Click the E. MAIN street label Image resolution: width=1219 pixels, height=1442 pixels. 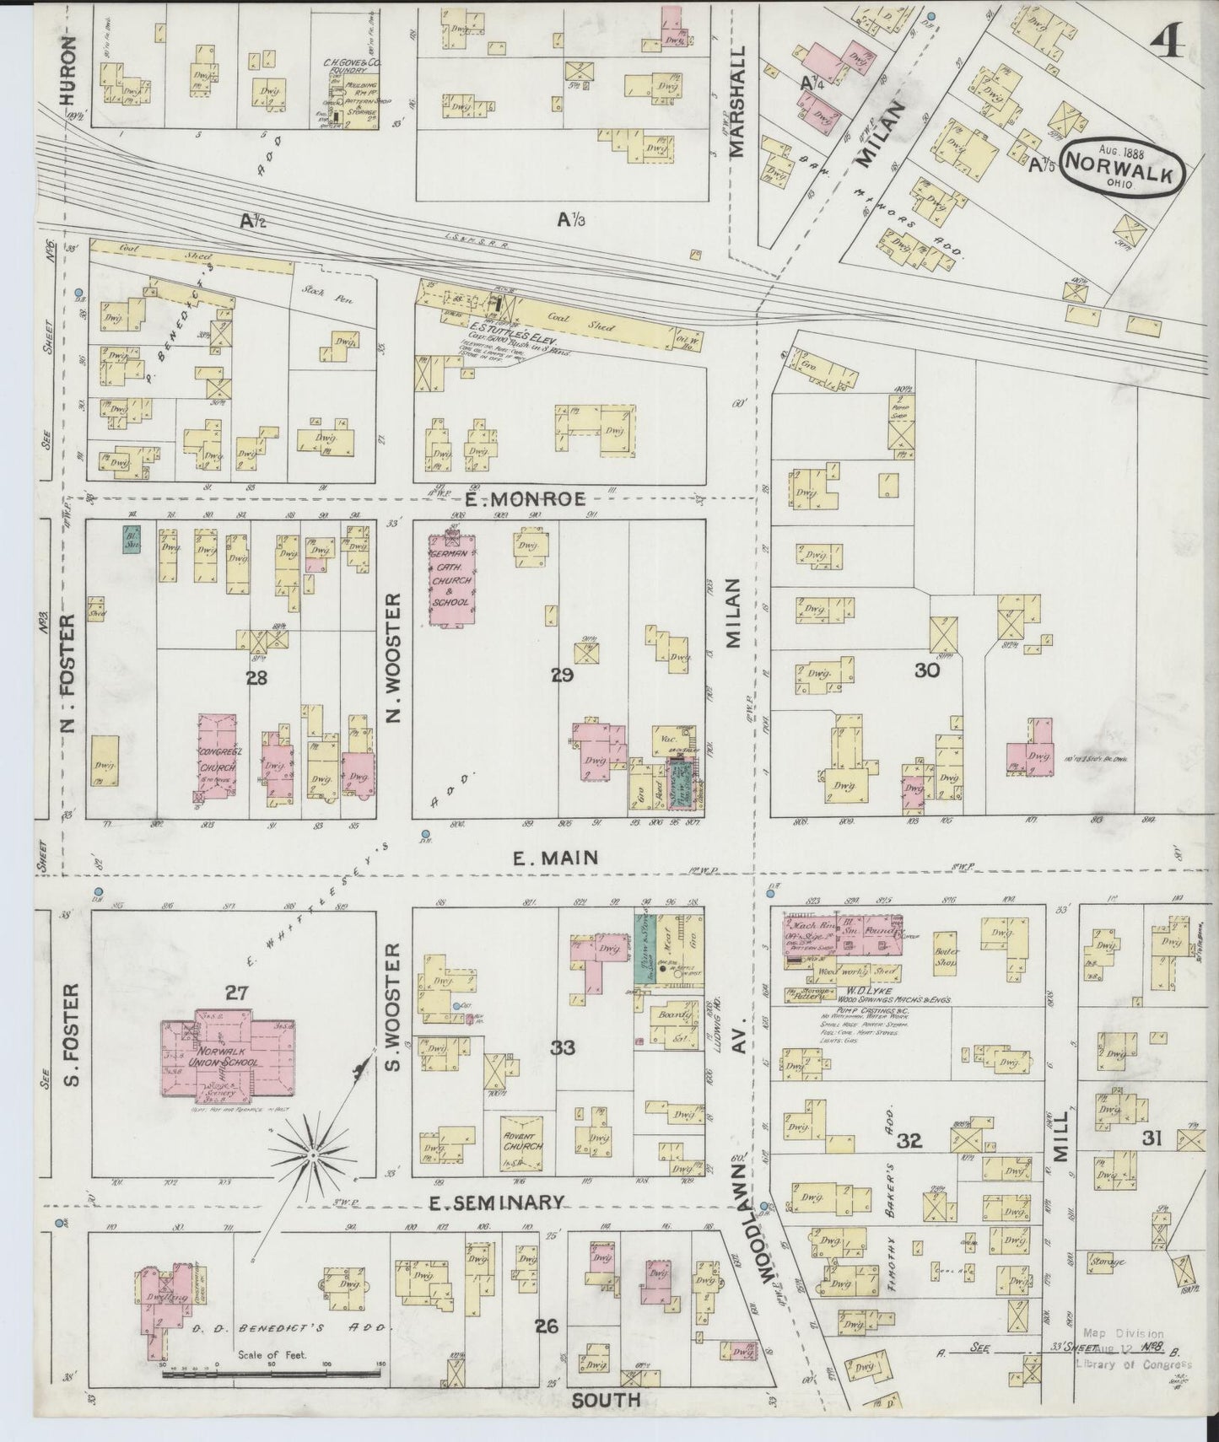point(557,858)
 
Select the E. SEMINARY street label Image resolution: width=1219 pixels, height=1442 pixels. point(496,1202)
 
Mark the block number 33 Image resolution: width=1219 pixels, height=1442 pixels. point(563,1048)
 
